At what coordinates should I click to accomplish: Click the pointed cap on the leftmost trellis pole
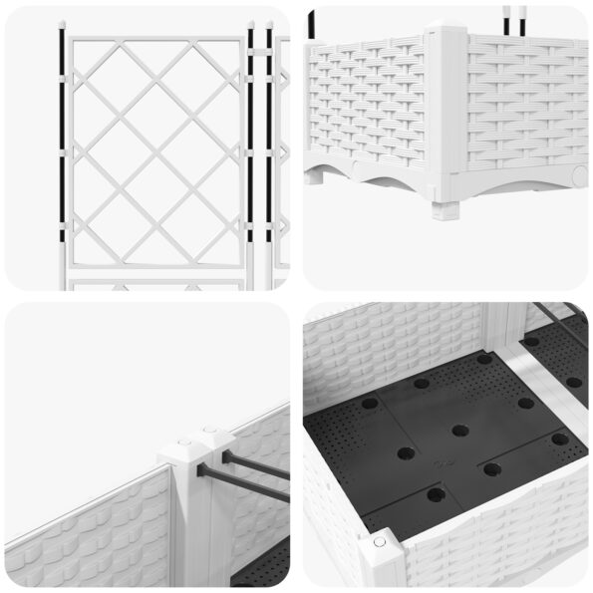[63, 25]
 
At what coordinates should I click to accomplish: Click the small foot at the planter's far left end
[317, 177]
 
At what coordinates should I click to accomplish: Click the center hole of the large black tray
[457, 431]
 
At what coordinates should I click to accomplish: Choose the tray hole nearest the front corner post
[436, 494]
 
